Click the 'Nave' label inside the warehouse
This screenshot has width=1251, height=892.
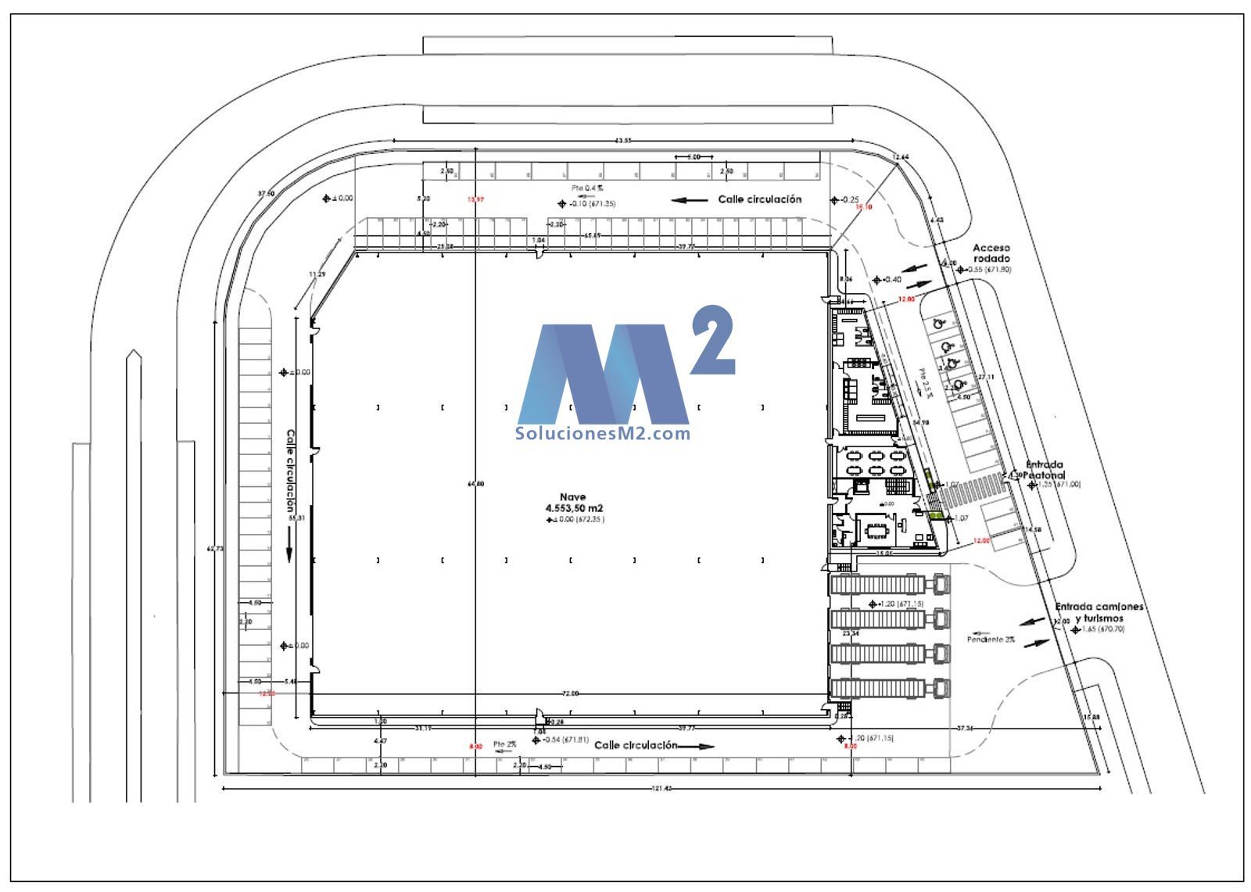[x=572, y=496]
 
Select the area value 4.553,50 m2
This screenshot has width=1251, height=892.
[x=574, y=508]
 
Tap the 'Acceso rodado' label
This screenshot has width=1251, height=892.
[x=991, y=253]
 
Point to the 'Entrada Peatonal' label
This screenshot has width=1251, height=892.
[x=1045, y=470]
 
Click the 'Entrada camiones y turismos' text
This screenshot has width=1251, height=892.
[x=1099, y=612]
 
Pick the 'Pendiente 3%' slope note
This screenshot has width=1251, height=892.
[x=991, y=639]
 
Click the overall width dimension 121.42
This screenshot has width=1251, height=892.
[x=661, y=788]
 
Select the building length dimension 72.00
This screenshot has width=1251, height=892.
[x=571, y=693]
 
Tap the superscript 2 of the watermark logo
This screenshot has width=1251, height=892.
[x=712, y=341]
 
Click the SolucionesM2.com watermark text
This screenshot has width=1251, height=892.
[x=603, y=433]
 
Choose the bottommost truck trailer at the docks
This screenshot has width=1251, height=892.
[x=876, y=689]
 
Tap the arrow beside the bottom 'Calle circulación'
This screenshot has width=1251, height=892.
[x=696, y=746]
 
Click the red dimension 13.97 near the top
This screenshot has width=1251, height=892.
[x=475, y=200]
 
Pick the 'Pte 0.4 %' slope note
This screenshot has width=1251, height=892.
[x=587, y=188]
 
